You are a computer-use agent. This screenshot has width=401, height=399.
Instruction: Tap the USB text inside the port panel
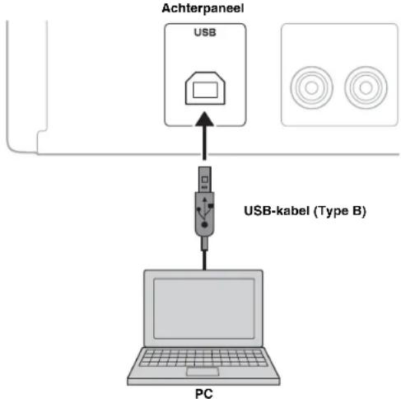(203, 35)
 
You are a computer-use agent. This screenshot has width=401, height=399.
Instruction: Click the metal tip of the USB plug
(204, 180)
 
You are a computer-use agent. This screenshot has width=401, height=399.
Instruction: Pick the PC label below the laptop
(203, 392)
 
